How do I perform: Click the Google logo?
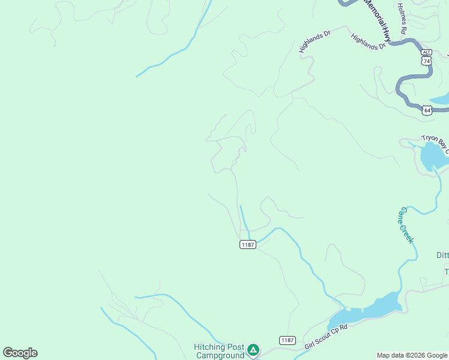[x=20, y=353]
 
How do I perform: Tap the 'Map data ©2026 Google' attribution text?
[x=412, y=355]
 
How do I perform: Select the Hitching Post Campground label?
[x=218, y=351]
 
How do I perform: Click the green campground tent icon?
[x=253, y=349]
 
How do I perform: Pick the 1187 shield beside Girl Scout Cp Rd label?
[x=288, y=340]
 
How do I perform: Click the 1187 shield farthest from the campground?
[x=247, y=244]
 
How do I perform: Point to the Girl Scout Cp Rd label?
[x=326, y=337]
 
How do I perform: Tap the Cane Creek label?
[x=407, y=225]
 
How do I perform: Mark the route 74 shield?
[x=426, y=61]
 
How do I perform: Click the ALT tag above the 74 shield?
[x=426, y=53]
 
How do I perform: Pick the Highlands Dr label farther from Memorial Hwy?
[x=315, y=42]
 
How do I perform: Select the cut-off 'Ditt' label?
[x=442, y=255]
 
